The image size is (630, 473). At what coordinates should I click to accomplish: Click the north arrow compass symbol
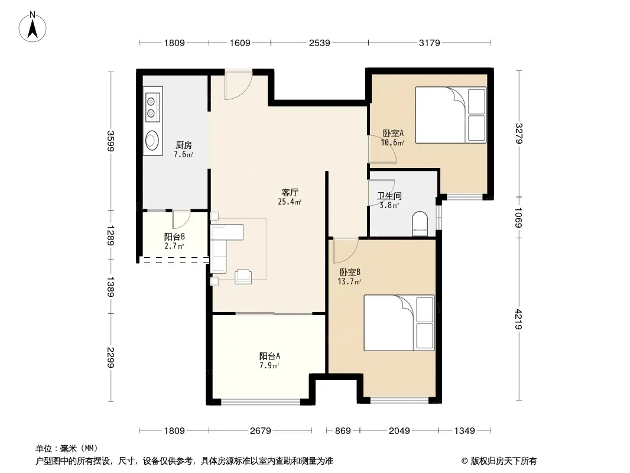(33, 27)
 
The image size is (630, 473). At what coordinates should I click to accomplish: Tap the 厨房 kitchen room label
(184, 145)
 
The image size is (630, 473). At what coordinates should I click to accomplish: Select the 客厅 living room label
(290, 193)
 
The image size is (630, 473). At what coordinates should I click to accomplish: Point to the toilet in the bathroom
(420, 223)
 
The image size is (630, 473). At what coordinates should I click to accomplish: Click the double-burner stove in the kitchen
(152, 107)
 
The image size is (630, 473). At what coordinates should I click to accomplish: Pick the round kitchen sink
(151, 140)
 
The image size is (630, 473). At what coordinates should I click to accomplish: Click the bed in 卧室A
(450, 115)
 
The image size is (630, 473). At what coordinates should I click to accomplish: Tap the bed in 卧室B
(399, 323)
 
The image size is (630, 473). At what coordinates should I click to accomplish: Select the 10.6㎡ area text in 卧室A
(392, 142)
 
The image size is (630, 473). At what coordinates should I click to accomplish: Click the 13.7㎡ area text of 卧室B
(349, 281)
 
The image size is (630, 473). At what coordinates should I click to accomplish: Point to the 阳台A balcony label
(269, 356)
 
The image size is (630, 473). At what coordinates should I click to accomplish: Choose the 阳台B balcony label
(174, 237)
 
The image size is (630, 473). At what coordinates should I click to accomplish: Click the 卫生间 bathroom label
(389, 196)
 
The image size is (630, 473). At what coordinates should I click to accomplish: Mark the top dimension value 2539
(319, 43)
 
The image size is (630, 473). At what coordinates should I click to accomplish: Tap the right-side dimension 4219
(519, 319)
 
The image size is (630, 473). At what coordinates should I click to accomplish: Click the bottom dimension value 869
(343, 431)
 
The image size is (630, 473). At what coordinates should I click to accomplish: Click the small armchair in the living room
(243, 277)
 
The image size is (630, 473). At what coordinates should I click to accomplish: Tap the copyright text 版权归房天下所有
(504, 461)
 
